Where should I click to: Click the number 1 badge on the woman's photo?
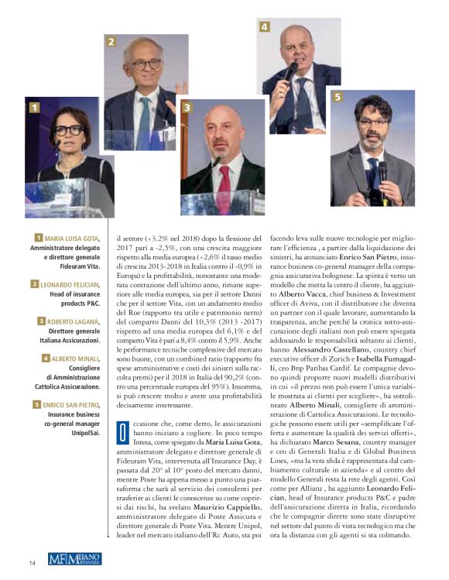pyautogui.click(x=34, y=108)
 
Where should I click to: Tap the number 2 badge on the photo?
pyautogui.click(x=111, y=42)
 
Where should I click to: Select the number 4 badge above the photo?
pyautogui.click(x=264, y=27)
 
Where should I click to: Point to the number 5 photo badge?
pyautogui.click(x=337, y=97)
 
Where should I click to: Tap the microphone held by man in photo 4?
pyautogui.click(x=289, y=74)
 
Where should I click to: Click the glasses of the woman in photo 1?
pyautogui.click(x=70, y=129)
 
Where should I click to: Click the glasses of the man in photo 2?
pyautogui.click(x=146, y=64)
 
